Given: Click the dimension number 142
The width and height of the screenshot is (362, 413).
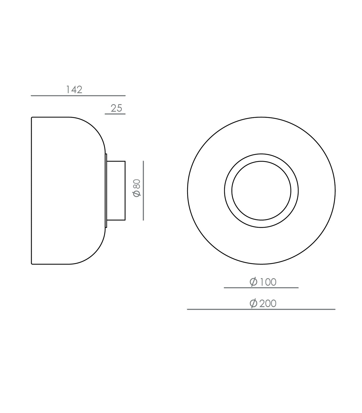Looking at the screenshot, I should (x=74, y=90).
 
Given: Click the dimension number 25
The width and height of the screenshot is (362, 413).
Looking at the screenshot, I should (x=116, y=108).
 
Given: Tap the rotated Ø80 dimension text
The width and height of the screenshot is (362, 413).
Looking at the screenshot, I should (x=137, y=188).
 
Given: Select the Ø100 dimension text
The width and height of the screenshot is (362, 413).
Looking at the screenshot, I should (x=263, y=282).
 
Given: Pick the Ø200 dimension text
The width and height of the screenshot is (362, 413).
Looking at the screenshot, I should (x=263, y=303).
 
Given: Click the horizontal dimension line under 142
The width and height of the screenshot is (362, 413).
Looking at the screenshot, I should (x=78, y=96).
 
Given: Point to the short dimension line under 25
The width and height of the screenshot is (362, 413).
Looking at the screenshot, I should (x=115, y=114).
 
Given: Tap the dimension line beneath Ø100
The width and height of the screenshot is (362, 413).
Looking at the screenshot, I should (x=261, y=288).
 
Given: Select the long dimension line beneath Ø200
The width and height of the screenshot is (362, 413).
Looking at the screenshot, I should (x=261, y=309).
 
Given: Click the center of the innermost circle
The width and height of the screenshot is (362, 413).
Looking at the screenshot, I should (x=261, y=191).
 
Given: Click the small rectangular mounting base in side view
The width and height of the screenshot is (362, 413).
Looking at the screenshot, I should (x=116, y=191).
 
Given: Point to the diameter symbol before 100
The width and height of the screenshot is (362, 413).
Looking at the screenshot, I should (x=253, y=282).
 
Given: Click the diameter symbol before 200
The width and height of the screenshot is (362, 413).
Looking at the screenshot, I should (x=253, y=303).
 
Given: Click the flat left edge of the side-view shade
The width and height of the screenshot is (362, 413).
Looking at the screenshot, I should (x=32, y=191).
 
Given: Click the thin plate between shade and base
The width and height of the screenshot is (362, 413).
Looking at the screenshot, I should (x=106, y=191).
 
